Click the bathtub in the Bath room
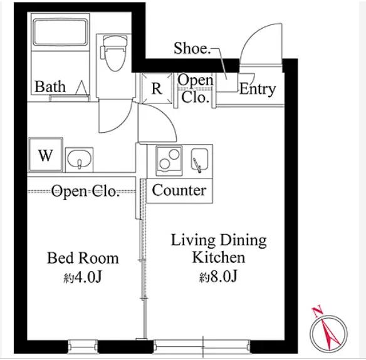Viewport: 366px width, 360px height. pyautogui.click(x=60, y=32)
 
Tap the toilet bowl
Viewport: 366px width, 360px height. pyautogui.click(x=114, y=53)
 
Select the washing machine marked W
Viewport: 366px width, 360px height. pyautogui.click(x=46, y=155)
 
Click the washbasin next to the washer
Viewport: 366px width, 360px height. pyautogui.click(x=80, y=160)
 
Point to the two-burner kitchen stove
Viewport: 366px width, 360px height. pyautogui.click(x=169, y=160)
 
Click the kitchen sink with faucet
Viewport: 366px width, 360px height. pyautogui.click(x=199, y=160)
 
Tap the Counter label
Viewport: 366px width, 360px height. pyautogui.click(x=179, y=190)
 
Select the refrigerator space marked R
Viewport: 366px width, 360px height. pyautogui.click(x=157, y=89)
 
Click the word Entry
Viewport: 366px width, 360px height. pyautogui.click(x=258, y=90)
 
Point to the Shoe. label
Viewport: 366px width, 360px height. pyautogui.click(x=192, y=48)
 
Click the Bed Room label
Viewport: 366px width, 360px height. pyautogui.click(x=83, y=258)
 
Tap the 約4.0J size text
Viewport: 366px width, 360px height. pyautogui.click(x=83, y=277)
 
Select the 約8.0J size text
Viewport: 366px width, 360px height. pyautogui.click(x=218, y=277)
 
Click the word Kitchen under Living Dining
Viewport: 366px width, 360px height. pyautogui.click(x=219, y=257)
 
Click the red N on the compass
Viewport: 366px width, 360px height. pyautogui.click(x=317, y=312)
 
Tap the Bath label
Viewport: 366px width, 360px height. pyautogui.click(x=50, y=87)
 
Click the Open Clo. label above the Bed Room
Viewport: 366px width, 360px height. pyautogui.click(x=85, y=192)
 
